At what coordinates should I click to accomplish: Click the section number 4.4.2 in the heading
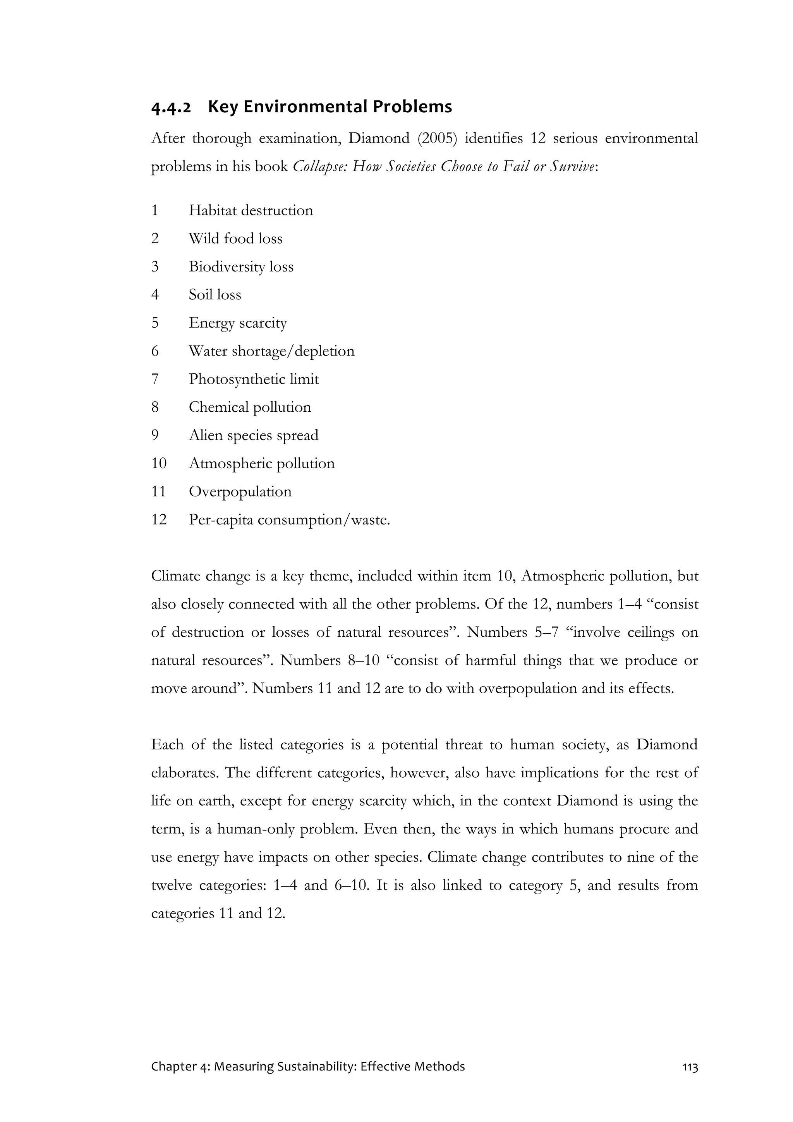(x=171, y=107)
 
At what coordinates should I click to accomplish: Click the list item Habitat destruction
(x=251, y=211)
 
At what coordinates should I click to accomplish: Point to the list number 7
(x=155, y=379)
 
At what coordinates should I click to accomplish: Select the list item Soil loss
(x=215, y=295)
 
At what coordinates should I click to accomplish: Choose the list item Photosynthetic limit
(x=254, y=379)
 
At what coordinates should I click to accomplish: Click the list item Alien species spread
(x=253, y=435)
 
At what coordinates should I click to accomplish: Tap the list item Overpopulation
(x=240, y=491)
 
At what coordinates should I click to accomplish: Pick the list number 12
(x=159, y=519)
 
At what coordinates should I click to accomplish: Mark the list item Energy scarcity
(x=237, y=323)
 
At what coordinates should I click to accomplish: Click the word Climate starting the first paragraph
(x=175, y=576)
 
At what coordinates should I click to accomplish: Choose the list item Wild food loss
(x=235, y=239)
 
